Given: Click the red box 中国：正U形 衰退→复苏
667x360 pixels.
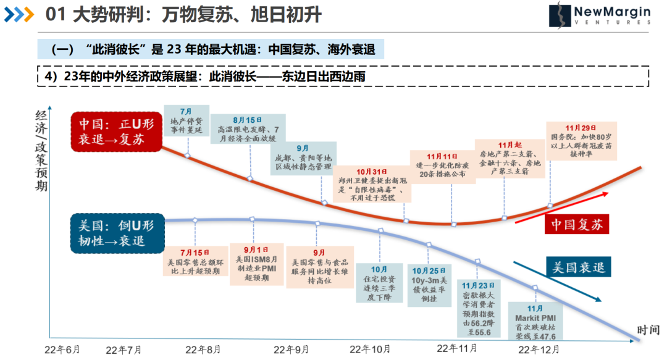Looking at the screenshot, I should tap(115, 131).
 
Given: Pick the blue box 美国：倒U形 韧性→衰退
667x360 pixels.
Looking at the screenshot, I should tap(115, 233).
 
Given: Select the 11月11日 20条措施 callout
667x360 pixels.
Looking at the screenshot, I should tap(441, 165).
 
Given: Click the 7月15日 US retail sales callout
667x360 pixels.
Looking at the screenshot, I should tap(196, 262).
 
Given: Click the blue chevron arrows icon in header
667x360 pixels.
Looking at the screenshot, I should tap(19, 14).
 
